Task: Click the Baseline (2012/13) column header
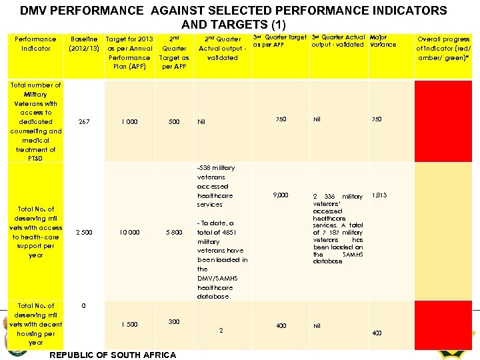[x=85, y=43]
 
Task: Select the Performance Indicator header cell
[x=36, y=43]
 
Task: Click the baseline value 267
[x=84, y=122]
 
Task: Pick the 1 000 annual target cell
[x=130, y=122]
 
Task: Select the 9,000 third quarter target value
[x=280, y=195]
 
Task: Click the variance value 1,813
[x=379, y=196]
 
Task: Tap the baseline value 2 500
[x=84, y=232]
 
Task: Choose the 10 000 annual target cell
[x=129, y=232]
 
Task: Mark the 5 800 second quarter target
[x=173, y=232]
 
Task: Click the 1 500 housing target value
[x=129, y=324]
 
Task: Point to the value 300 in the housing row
[x=173, y=321]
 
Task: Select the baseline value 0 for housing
[x=83, y=306]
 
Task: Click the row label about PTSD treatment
[x=36, y=122]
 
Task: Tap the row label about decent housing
[x=36, y=324]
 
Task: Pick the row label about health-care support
[x=36, y=232]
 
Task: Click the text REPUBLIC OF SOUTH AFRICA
[x=113, y=355]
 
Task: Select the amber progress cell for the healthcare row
[x=442, y=232]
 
